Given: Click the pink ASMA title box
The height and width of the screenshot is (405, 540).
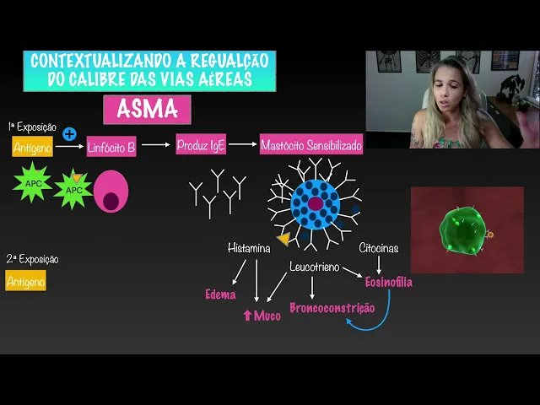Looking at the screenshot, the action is (x=147, y=110).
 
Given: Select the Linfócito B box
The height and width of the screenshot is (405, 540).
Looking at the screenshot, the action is (x=111, y=148).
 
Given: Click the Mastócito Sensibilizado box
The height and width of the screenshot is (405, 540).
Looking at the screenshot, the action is (x=311, y=145).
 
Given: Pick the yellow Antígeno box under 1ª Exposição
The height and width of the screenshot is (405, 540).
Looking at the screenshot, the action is (x=33, y=148).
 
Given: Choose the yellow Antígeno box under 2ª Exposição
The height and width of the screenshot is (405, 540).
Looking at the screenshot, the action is (x=25, y=281).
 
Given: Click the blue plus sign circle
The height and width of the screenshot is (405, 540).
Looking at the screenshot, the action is (x=70, y=133).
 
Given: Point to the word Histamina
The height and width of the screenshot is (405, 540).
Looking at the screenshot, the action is (x=249, y=248).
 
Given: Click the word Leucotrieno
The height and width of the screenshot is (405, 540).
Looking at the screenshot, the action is (x=314, y=267).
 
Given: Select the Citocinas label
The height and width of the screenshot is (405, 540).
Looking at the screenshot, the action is (x=378, y=248).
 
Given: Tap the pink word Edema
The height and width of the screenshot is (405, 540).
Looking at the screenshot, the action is (x=220, y=294).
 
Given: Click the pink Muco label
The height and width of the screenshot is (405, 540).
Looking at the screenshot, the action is (x=262, y=316).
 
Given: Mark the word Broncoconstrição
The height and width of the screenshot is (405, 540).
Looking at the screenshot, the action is (x=332, y=307).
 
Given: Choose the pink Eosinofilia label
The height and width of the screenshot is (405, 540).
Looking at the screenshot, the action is (x=388, y=282).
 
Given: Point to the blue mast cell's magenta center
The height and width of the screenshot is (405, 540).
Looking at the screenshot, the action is (x=315, y=203).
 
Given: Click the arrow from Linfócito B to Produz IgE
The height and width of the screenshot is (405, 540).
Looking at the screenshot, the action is (x=155, y=145).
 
